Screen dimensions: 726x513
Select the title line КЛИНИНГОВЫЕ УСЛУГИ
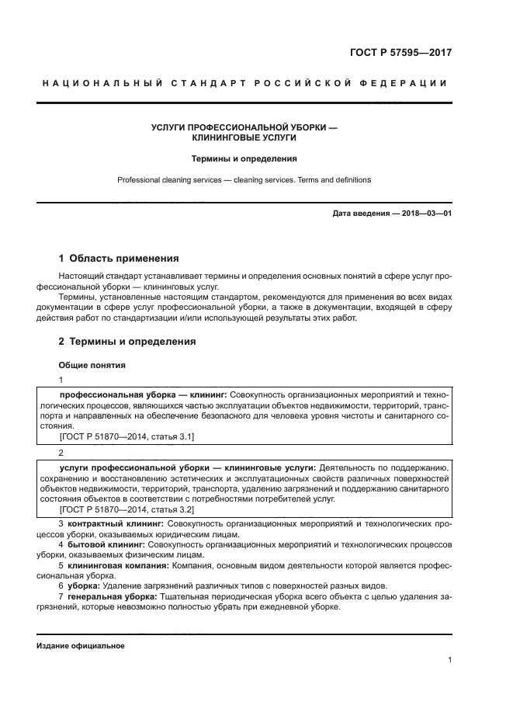pyautogui.click(x=244, y=137)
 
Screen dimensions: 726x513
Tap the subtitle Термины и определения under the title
pyautogui.click(x=244, y=158)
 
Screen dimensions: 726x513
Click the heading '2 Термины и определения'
pyautogui.click(x=127, y=341)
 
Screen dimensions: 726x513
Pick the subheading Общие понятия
pyautogui.click(x=92, y=365)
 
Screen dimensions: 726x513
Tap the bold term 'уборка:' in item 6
pyautogui.click(x=85, y=585)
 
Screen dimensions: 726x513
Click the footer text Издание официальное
pyautogui.click(x=80, y=646)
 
